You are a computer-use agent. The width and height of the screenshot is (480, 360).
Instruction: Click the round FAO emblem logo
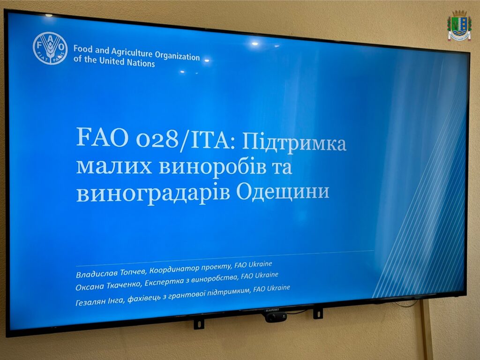click(50, 48)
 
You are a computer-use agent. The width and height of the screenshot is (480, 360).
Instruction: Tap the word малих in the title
click(114, 166)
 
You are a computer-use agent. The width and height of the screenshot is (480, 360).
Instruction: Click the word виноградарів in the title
click(153, 194)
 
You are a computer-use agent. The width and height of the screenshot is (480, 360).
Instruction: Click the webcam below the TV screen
click(276, 317)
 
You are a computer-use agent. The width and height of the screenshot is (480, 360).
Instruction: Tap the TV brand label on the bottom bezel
click(271, 310)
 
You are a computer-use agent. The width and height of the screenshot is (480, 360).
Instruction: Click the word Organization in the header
click(177, 56)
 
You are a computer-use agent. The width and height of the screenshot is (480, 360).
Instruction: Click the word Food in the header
click(82, 49)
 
